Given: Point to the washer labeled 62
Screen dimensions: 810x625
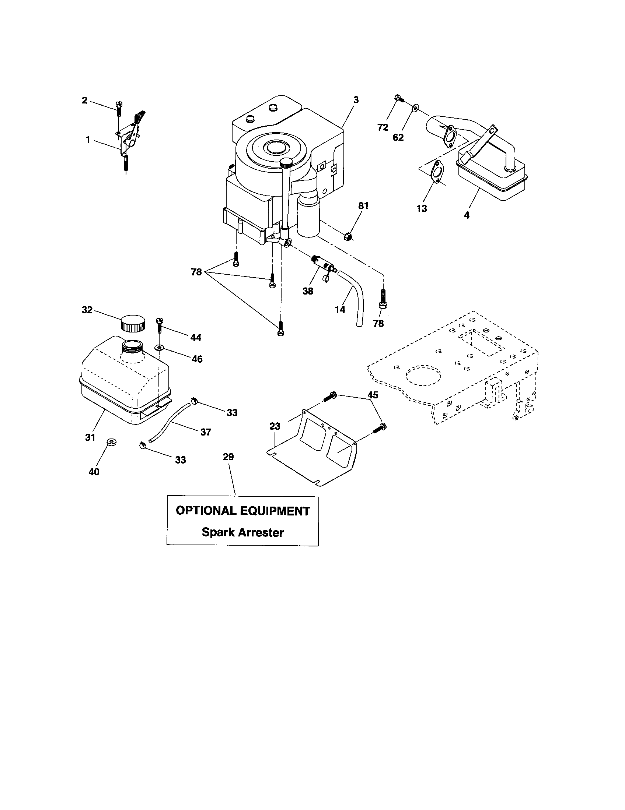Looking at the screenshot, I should pos(415,108).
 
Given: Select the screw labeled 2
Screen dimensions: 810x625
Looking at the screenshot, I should pos(119,108).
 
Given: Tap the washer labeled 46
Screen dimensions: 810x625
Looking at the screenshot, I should pos(160,347).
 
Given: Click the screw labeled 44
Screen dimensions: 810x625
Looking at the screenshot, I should pos(160,325).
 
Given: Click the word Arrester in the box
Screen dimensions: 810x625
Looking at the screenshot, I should pos(261,533).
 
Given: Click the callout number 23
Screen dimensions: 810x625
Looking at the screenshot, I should pos(275,426).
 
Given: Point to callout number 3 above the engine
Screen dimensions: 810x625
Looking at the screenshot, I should pos(356,100).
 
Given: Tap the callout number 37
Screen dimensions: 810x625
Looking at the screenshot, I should pos(206,432).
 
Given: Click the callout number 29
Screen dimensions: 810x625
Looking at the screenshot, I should pos(228,457).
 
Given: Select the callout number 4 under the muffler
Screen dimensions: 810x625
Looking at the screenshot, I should pos(467,215).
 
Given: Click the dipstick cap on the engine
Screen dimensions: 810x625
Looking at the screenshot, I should pos(287,163).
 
